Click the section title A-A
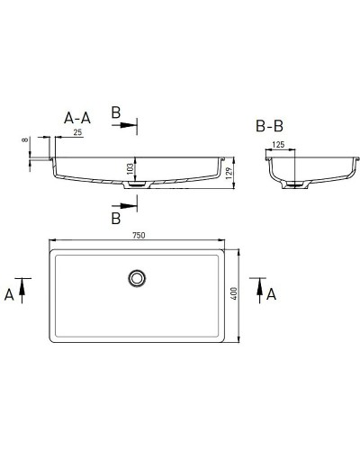click(77, 117)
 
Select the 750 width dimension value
click(139, 235)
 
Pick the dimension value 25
click(78, 133)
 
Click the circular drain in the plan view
click(138, 278)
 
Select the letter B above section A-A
click(115, 112)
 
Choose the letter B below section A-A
click(115, 218)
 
